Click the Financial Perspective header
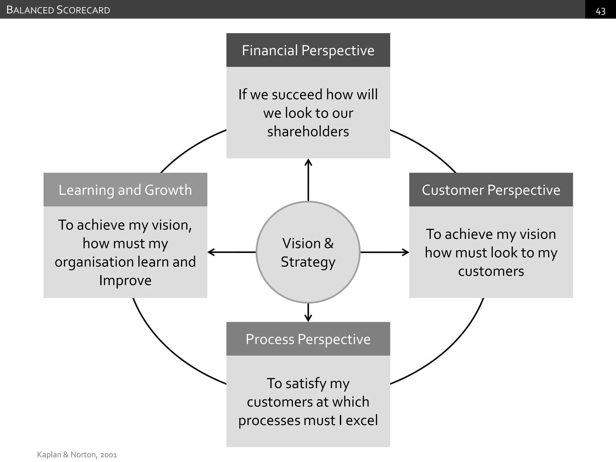[308, 50]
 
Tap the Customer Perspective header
[491, 190]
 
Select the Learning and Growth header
[125, 190]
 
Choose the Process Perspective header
[308, 339]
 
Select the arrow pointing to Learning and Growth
[232, 252]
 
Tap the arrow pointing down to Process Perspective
[308, 313]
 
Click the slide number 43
[600, 11]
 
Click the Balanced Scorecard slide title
[58, 10]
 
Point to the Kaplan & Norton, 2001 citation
[77, 454]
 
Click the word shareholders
[308, 131]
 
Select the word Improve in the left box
[125, 280]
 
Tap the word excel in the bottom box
[362, 420]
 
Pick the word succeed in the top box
[297, 94]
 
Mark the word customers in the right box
[491, 271]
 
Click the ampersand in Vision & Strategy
[329, 243]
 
